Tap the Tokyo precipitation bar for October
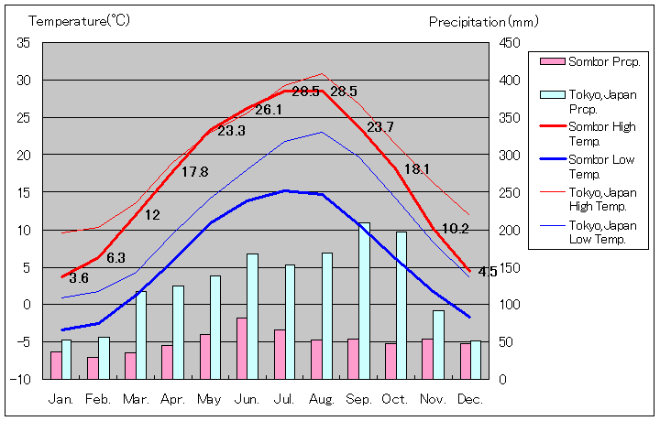click(401, 305)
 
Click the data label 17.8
click(194, 172)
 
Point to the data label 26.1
click(269, 110)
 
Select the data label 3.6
click(79, 278)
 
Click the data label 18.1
click(417, 169)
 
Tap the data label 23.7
click(379, 127)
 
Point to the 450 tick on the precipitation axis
click(511, 43)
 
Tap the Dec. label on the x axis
click(469, 399)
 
